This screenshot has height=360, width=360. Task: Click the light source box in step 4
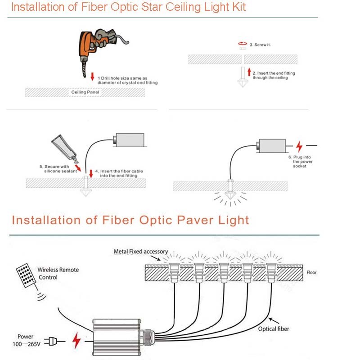click(x=129, y=140)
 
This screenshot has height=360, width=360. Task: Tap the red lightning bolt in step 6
click(x=299, y=146)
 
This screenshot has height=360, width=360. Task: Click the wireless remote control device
click(x=26, y=275)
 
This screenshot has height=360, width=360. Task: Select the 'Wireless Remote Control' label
click(x=58, y=273)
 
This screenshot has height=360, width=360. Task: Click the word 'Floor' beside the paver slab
click(x=311, y=273)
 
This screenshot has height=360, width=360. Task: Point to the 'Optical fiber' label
click(x=273, y=329)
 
